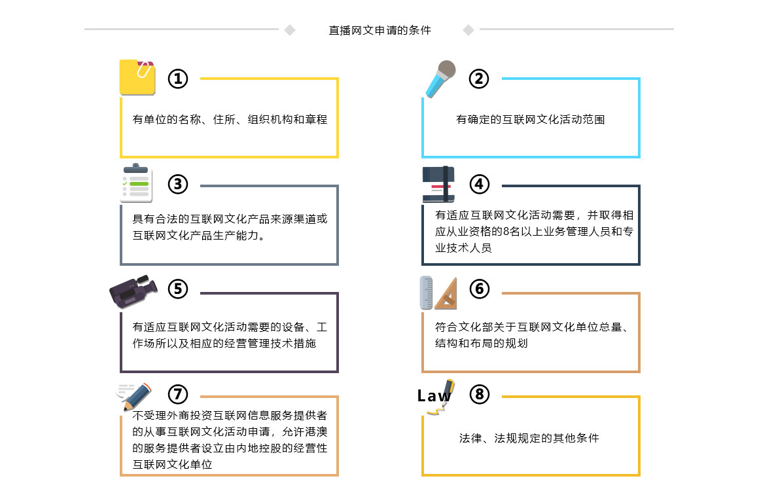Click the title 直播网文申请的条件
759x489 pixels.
point(379,30)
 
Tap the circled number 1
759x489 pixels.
point(178,79)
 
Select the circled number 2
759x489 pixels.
point(479,79)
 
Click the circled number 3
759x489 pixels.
point(178,184)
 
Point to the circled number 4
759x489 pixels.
point(479,184)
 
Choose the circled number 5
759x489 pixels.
point(178,289)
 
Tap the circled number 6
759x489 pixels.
point(479,289)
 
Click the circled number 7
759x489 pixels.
point(178,394)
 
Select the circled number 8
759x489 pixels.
point(479,394)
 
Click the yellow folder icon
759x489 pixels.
point(137,77)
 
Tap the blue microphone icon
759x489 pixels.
point(440,79)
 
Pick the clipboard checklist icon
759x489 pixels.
point(136,183)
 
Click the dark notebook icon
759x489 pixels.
point(438,184)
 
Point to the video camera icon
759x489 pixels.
point(133,291)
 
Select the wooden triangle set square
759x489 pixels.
point(446,295)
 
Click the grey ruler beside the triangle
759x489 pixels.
point(426,293)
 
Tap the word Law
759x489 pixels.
point(434,395)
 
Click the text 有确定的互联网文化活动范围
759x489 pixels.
point(531,119)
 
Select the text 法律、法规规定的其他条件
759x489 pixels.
point(529,438)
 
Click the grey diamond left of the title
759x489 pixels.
point(290,30)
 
